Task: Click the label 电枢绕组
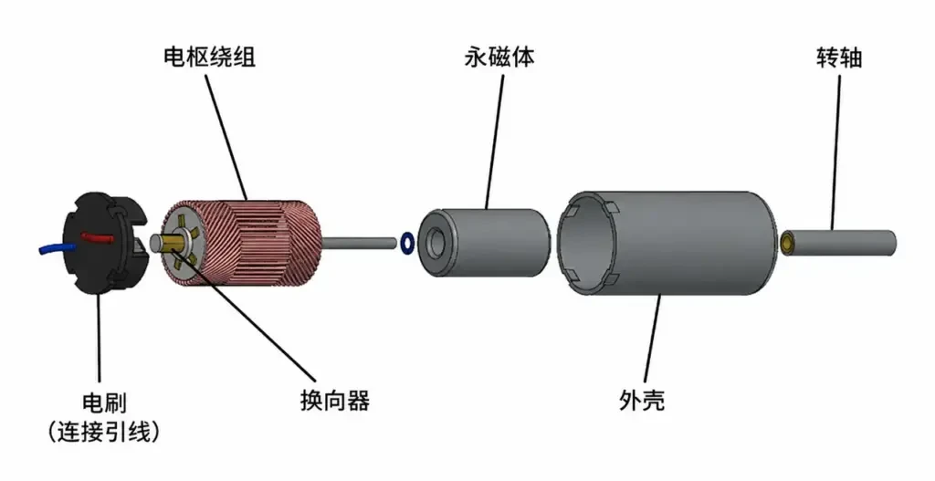(209, 57)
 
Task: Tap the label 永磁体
(499, 57)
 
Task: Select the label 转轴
(839, 58)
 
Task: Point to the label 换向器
(334, 400)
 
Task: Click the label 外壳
(642, 400)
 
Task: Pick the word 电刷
(104, 403)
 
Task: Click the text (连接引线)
(104, 432)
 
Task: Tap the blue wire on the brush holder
(57, 248)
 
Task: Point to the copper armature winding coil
(241, 244)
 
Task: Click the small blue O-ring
(407, 243)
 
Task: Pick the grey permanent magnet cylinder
(483, 243)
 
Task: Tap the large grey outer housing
(667, 243)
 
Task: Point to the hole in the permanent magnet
(437, 242)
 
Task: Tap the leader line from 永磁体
(494, 141)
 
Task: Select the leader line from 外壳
(652, 340)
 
